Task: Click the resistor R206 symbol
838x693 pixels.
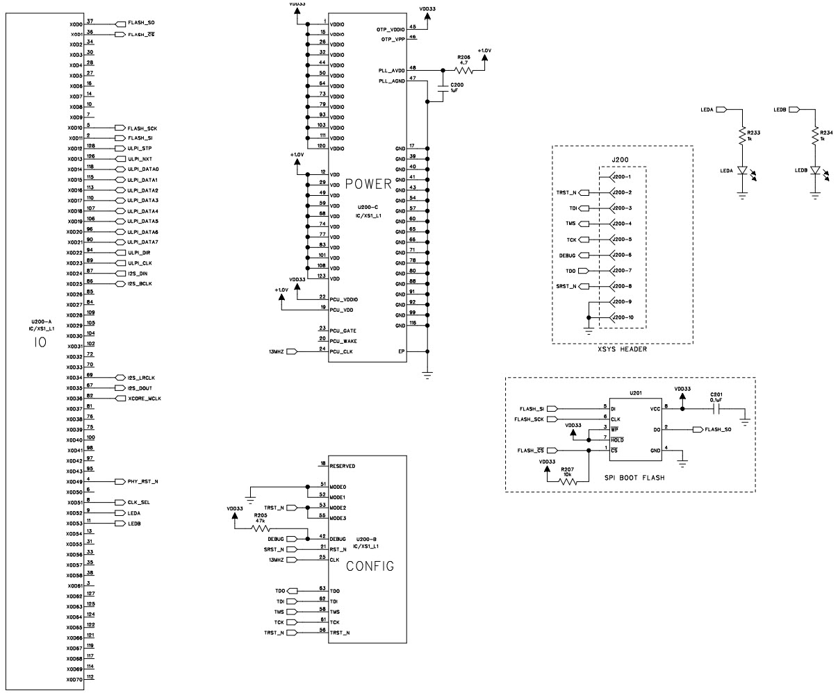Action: click(x=463, y=70)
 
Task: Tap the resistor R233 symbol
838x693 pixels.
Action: click(x=742, y=137)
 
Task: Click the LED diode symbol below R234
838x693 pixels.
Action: click(x=815, y=169)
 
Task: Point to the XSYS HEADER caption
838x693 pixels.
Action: click(x=622, y=349)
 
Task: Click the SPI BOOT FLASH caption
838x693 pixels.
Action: click(x=629, y=479)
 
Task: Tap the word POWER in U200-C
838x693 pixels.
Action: click(x=368, y=184)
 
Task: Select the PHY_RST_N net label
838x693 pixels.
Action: click(x=143, y=481)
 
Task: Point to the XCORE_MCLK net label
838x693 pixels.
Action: click(x=144, y=399)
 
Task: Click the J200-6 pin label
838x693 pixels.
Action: click(x=621, y=255)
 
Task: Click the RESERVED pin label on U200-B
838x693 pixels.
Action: click(x=343, y=466)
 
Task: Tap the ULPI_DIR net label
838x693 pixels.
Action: click(x=139, y=253)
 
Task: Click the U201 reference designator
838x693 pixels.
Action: click(x=635, y=392)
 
